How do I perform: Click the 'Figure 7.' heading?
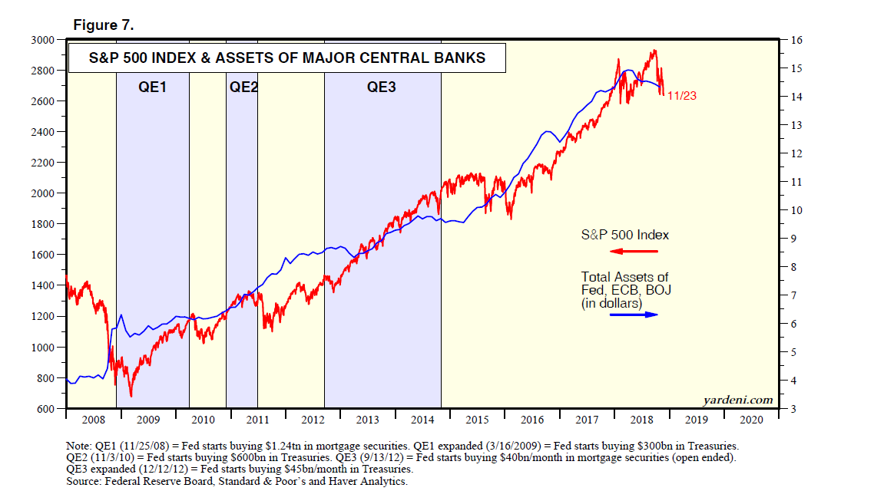[104, 25]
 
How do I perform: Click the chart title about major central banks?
[287, 58]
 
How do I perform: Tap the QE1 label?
[152, 87]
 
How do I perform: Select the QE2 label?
[243, 87]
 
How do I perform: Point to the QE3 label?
[381, 87]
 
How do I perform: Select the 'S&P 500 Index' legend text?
[624, 236]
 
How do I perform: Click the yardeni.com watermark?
[737, 400]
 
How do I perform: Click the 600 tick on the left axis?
[45, 409]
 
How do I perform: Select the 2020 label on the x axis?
[751, 420]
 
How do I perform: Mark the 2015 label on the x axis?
[476, 420]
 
